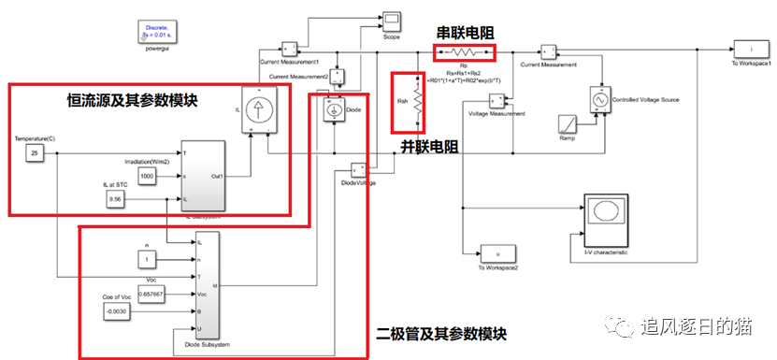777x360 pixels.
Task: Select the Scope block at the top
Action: pos(391,20)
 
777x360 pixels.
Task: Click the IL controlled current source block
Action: pos(256,109)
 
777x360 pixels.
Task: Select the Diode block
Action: pos(332,108)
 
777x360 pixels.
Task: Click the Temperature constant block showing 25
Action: pos(33,153)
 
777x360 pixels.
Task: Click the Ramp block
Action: pos(568,124)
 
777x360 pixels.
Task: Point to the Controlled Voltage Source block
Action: pos(597,97)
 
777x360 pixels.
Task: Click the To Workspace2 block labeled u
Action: pos(496,253)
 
